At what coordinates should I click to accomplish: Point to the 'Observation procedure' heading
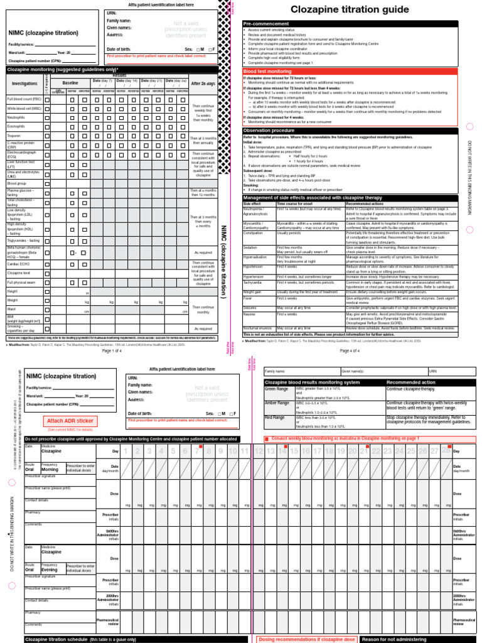click(267, 130)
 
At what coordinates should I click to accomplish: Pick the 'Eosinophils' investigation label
click(16, 126)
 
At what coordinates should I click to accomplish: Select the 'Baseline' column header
click(70, 83)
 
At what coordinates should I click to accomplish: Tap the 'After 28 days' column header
click(203, 83)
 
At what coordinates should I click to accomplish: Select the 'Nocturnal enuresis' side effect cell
click(258, 328)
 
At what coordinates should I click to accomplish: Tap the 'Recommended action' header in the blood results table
click(409, 382)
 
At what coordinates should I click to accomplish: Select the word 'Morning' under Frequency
click(50, 469)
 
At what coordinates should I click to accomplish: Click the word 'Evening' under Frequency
click(50, 570)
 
